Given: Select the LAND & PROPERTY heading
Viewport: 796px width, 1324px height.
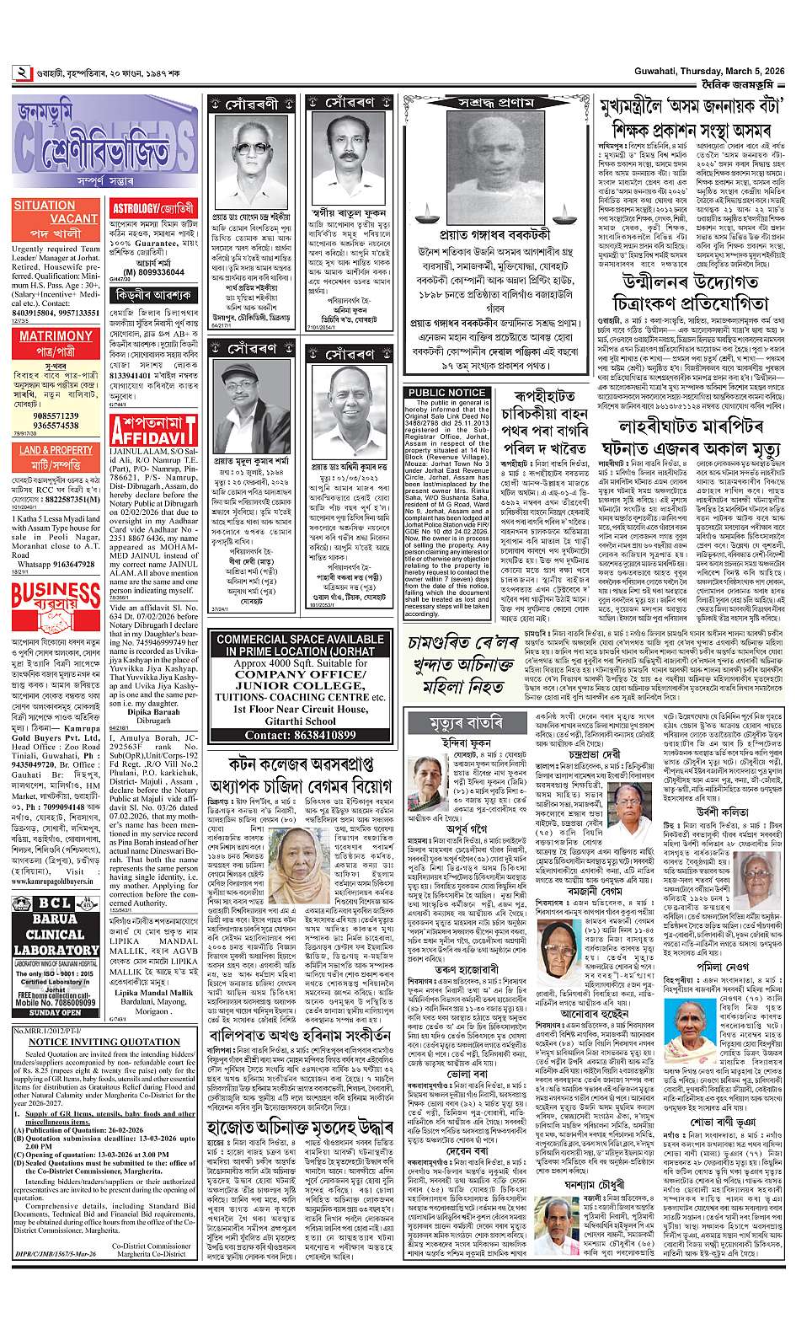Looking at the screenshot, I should (x=56, y=450).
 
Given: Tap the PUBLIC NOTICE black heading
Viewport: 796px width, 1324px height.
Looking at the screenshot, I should (x=446, y=393).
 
